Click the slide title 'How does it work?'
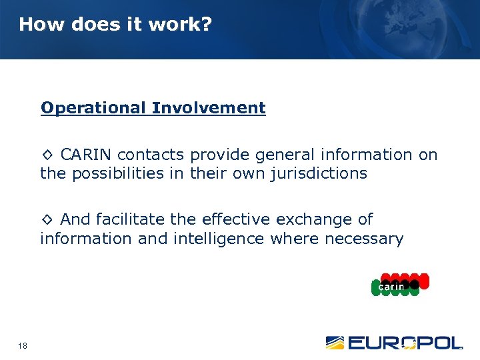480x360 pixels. click(x=115, y=25)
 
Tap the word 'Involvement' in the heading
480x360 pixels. click(x=209, y=108)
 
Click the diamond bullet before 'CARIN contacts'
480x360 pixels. click(x=47, y=155)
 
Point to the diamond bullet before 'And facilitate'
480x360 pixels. click(x=47, y=220)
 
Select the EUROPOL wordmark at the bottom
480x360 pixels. click(x=405, y=343)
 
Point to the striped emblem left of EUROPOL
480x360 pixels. click(x=335, y=343)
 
